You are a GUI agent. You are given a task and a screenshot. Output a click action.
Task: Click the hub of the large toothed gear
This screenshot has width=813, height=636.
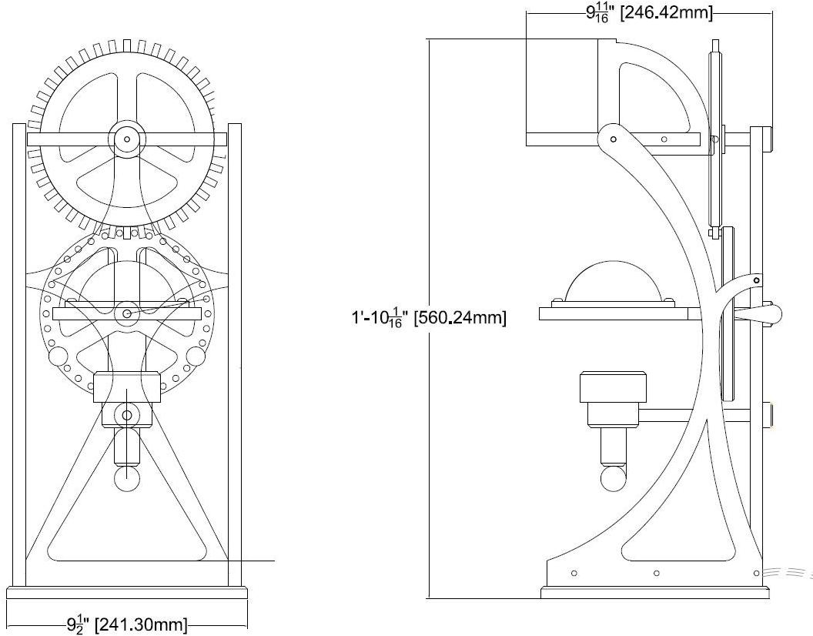click(126, 139)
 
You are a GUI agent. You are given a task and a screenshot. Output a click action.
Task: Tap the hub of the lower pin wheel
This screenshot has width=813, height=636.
click(127, 313)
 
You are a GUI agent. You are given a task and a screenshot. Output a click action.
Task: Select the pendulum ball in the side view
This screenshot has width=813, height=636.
click(613, 477)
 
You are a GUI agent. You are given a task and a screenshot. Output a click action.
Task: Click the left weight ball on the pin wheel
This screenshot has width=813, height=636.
click(58, 356)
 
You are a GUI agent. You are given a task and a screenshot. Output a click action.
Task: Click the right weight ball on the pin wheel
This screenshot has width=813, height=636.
click(196, 356)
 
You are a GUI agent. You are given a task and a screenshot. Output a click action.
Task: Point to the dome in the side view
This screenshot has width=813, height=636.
click(613, 285)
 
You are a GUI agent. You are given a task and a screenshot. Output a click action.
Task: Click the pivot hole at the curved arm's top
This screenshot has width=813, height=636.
click(613, 139)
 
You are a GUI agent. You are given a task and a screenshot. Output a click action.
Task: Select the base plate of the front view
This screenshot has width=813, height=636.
click(127, 594)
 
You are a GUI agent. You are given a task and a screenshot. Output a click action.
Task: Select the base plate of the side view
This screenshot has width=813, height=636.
click(654, 593)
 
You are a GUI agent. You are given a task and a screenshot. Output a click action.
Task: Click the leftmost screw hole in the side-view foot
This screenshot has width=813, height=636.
click(574, 573)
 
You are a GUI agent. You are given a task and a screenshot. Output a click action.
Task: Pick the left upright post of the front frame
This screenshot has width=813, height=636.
click(19, 354)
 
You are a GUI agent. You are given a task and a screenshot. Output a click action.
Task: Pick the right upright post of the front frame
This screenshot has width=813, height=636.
click(235, 354)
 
